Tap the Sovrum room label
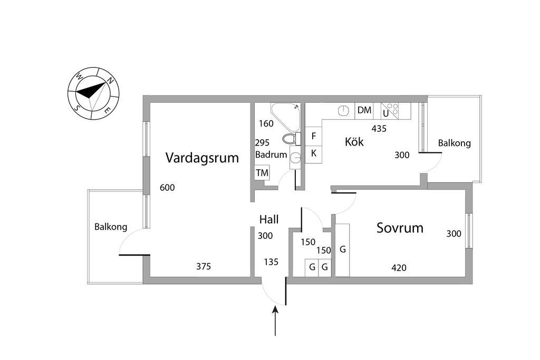(400, 228)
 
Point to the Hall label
(269, 219)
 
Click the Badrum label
(271, 155)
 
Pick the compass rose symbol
(93, 93)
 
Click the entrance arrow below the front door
(275, 322)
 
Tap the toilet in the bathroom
(290, 139)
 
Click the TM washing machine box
(262, 173)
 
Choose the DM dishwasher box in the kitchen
(364, 110)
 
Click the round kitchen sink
(343, 111)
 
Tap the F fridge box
(314, 136)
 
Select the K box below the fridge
(314, 153)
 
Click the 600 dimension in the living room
(167, 188)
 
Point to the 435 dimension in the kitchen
(380, 128)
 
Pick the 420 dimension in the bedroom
(399, 268)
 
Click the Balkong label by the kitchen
(455, 143)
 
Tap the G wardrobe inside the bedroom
(343, 249)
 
